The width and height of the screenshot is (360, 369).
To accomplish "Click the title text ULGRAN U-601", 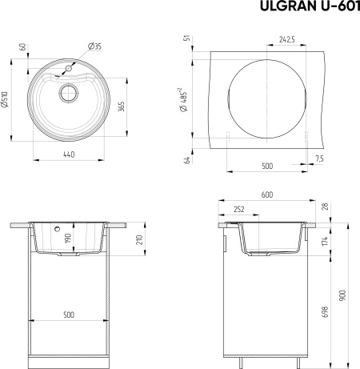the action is (310, 6).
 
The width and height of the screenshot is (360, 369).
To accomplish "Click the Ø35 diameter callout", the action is (94, 46).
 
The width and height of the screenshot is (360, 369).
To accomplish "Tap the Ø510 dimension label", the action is (6, 100).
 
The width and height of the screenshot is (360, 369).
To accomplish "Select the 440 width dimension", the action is (69, 154).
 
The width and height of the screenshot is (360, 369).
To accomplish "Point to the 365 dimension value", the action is (122, 106).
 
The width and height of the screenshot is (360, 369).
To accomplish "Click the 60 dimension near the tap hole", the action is (23, 46).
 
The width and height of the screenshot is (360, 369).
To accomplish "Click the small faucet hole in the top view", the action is (69, 69).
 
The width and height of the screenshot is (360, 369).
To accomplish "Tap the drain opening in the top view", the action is (69, 93).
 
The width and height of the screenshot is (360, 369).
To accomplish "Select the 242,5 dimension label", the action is (287, 39).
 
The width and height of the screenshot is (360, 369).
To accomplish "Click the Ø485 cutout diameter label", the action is (184, 100).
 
